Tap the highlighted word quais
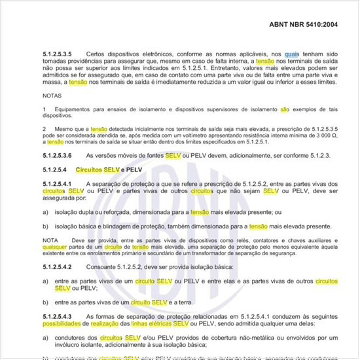(x=293, y=53)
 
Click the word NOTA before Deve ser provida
(x=50, y=241)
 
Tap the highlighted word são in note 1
(x=284, y=109)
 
